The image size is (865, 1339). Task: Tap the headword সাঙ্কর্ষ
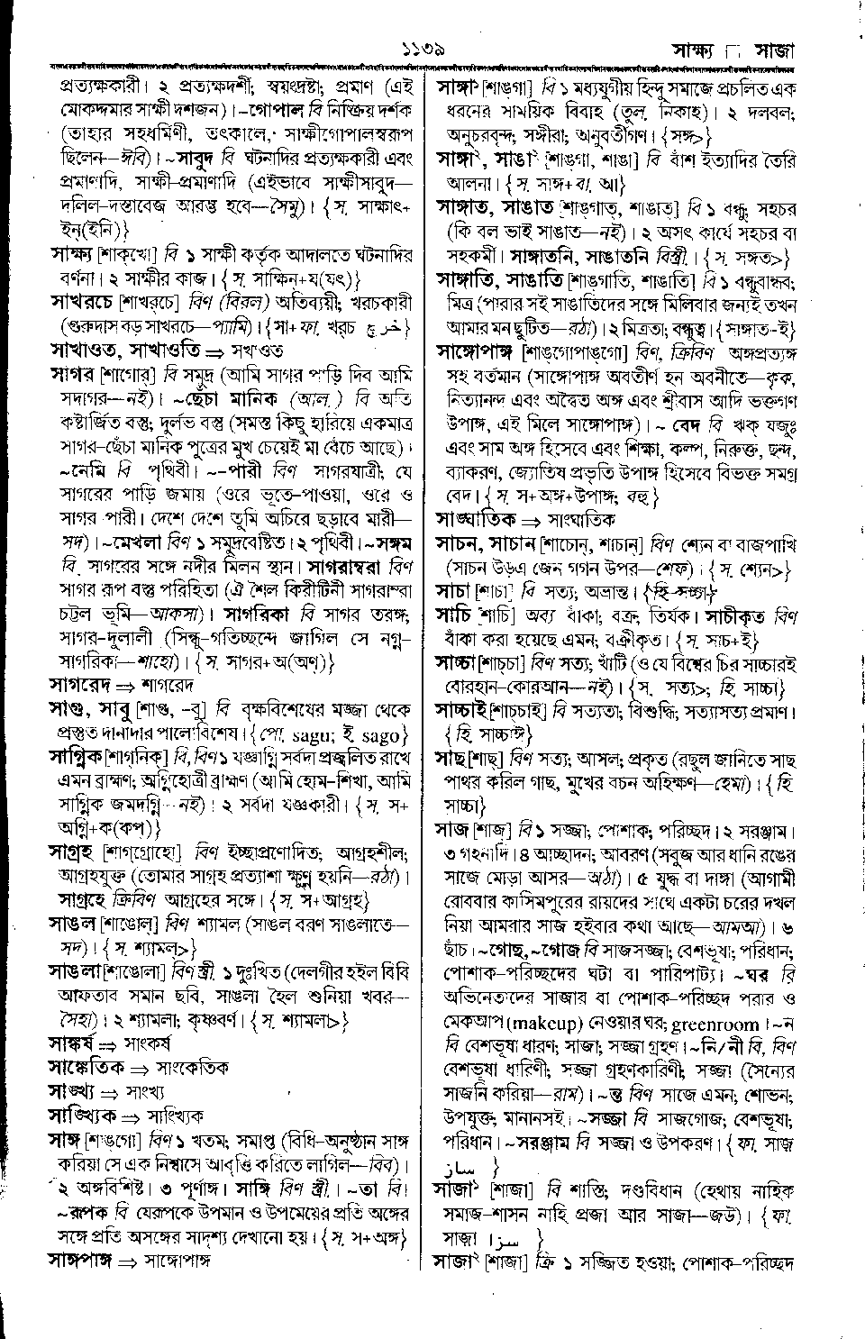tap(71, 1043)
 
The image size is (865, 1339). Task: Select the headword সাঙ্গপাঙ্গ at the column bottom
tap(82, 1259)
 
